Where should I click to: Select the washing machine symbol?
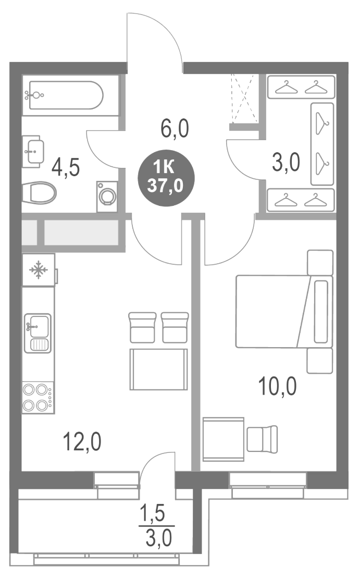[108, 197]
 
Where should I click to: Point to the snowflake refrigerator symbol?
[38, 270]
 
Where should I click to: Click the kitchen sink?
[37, 333]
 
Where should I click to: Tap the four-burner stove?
[37, 397]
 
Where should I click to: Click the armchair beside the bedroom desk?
[262, 438]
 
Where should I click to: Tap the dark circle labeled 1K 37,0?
[165, 177]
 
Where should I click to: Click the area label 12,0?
[82, 443]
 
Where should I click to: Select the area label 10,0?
[278, 387]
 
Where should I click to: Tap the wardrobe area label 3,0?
[285, 163]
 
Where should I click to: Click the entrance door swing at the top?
[154, 42]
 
